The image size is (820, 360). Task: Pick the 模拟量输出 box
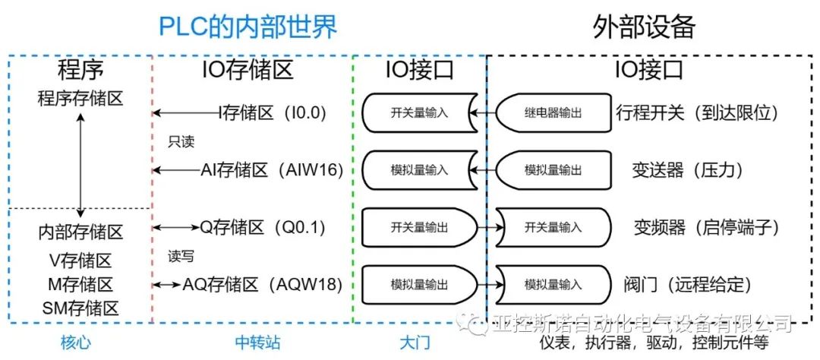(419, 285)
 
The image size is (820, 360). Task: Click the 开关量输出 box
(419, 226)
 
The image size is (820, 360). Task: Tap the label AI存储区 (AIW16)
(273, 169)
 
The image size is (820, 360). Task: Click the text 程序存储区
(80, 98)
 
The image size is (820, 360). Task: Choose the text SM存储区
(80, 308)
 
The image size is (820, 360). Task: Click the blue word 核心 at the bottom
(76, 343)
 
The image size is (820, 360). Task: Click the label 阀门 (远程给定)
(692, 285)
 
